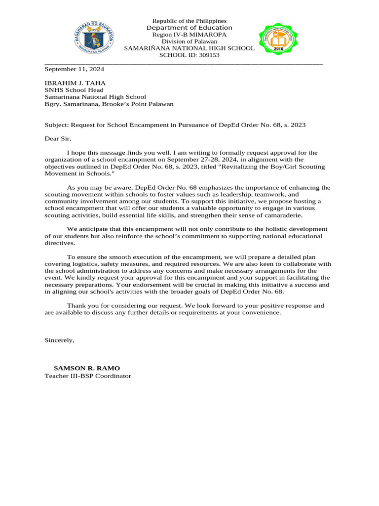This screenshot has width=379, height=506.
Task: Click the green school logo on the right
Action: point(278,40)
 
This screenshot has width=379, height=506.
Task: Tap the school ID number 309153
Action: point(209,55)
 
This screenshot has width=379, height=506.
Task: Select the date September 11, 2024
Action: point(74,69)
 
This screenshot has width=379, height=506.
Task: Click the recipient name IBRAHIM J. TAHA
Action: point(75,83)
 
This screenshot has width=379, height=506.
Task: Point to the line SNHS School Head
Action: point(74,90)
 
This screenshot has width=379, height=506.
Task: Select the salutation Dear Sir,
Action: point(58,139)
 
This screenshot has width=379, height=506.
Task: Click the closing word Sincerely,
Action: point(59,340)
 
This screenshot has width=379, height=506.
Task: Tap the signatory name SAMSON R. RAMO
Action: point(86,368)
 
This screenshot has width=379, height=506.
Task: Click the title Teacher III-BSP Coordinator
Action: point(88,376)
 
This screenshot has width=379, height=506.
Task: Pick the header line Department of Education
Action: point(189,28)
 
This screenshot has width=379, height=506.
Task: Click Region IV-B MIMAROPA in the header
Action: point(189,35)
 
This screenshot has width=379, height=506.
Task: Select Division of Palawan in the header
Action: point(189,42)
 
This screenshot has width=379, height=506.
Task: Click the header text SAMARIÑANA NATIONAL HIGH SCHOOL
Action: point(189,48)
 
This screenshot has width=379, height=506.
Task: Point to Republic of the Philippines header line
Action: point(189,21)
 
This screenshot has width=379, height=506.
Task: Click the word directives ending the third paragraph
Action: point(60,243)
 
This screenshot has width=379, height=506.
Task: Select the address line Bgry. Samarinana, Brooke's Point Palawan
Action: point(109,104)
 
